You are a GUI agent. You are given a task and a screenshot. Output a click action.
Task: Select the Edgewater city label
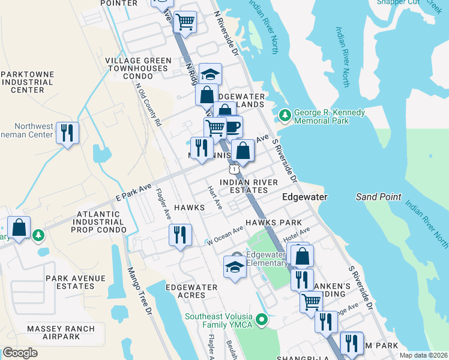[x=305, y=197]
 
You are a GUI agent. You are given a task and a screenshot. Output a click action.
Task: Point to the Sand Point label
[x=375, y=197]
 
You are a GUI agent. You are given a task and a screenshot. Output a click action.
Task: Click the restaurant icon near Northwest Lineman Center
[x=67, y=132]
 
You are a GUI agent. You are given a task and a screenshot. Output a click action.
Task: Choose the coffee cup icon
[x=232, y=127]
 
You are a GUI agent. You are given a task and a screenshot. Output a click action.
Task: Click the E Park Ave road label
[x=133, y=193]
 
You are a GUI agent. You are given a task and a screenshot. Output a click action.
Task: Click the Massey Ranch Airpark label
[x=61, y=333]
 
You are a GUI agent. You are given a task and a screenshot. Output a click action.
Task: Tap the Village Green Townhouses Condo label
[x=138, y=68]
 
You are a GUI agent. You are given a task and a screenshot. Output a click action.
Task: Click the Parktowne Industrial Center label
[x=28, y=82]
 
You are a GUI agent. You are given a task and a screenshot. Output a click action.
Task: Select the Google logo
[x=20, y=352]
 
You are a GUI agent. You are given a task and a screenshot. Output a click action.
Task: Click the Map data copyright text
[x=423, y=355]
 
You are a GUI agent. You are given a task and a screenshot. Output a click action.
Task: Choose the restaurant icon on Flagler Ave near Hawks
[x=179, y=235]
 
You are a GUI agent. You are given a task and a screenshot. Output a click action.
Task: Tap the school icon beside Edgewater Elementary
[x=235, y=267]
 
